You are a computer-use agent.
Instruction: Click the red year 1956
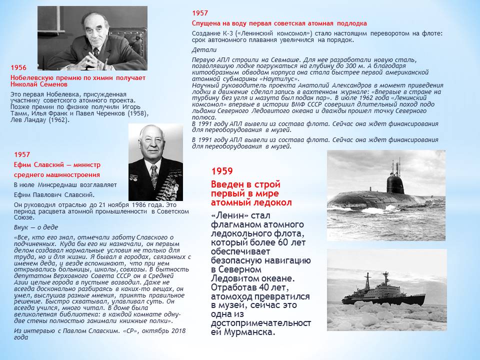coord(18,67)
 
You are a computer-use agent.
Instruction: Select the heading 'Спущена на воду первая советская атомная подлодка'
coord(279,23)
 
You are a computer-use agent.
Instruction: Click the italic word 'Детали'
coord(204,50)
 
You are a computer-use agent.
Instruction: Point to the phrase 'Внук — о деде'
coord(33,226)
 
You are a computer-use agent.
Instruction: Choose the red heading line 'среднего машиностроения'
coord(56,174)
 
